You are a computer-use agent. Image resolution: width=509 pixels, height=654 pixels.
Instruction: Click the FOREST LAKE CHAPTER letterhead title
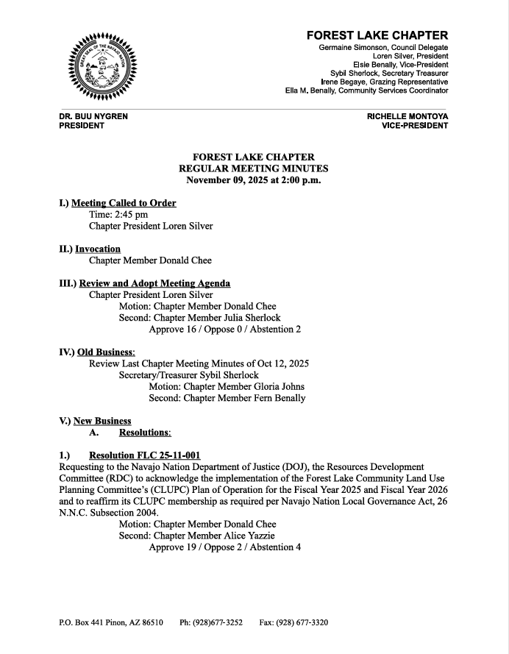[377, 35]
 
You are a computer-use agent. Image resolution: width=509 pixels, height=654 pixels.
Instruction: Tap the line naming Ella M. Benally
[366, 90]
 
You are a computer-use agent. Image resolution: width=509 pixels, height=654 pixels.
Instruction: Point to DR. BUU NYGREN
[88, 116]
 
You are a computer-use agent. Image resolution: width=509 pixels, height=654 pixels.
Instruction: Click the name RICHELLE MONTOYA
[407, 116]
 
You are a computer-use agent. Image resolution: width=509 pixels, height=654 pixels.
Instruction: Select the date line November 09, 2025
[254, 180]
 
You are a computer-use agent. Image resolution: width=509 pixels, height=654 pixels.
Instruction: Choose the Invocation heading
[98, 249]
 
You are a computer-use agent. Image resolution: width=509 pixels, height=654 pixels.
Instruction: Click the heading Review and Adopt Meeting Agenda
[154, 283]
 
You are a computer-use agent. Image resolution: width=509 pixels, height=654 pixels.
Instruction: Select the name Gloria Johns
[274, 386]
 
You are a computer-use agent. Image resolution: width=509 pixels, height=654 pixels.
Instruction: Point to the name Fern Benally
[274, 398]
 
